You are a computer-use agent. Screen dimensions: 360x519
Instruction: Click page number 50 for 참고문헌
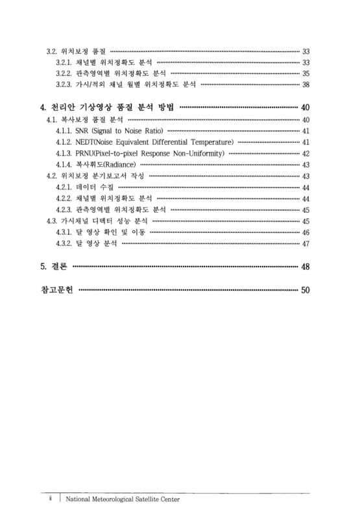click(306, 289)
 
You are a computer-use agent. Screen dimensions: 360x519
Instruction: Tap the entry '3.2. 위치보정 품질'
click(77, 51)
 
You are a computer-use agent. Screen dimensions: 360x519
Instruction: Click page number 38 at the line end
click(306, 84)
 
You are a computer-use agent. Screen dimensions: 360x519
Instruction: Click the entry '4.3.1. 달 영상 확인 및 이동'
click(101, 232)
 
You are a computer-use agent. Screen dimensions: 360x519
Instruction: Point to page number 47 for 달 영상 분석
click(306, 243)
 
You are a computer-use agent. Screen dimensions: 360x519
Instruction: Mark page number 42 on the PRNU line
click(306, 154)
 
